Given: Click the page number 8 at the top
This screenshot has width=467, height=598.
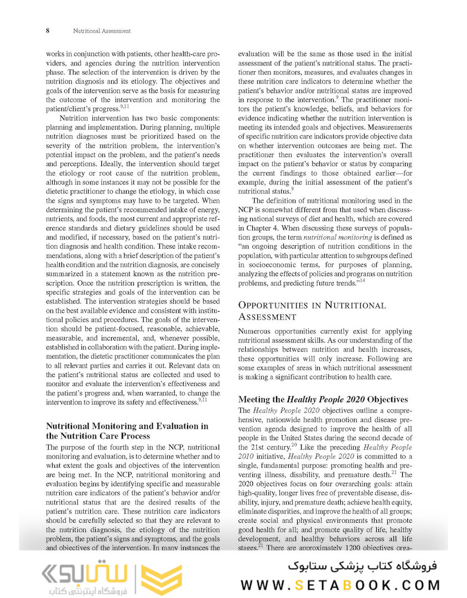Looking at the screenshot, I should tap(48, 30).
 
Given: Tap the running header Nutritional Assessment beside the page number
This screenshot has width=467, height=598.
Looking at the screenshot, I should tap(102, 31).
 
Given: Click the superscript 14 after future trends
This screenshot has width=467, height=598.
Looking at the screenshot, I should tap(361, 281).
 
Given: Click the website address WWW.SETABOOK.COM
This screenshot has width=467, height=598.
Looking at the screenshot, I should tap(340, 585).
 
